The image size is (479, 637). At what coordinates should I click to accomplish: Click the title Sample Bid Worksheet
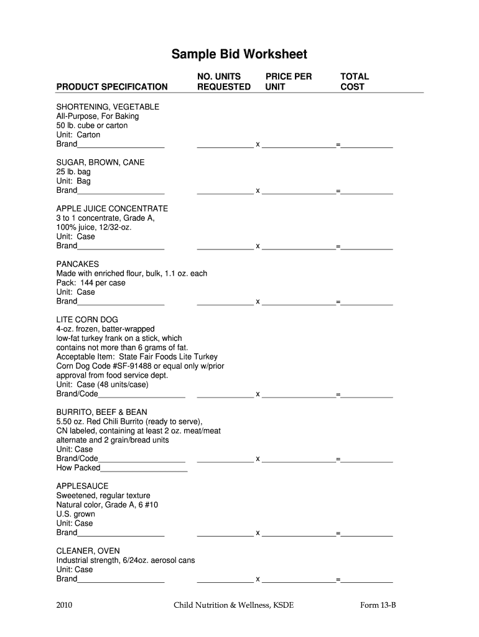tap(239, 55)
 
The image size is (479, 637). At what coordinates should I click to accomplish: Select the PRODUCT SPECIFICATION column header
tap(112, 87)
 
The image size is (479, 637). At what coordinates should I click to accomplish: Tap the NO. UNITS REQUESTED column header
tap(223, 81)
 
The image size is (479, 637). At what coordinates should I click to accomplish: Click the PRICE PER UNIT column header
tap(288, 81)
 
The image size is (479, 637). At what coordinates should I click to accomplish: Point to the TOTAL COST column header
tap(354, 81)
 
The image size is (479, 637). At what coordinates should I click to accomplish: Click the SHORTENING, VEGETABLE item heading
tap(108, 107)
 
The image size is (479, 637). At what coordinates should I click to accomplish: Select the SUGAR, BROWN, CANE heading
tap(100, 162)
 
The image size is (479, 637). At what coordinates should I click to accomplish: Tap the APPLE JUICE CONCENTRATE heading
tap(112, 208)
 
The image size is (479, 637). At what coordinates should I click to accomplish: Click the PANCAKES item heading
tap(78, 264)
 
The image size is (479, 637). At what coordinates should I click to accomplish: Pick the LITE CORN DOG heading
tap(87, 320)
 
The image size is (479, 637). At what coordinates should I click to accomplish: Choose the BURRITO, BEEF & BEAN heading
tap(102, 412)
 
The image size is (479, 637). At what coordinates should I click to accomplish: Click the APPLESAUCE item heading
tap(82, 486)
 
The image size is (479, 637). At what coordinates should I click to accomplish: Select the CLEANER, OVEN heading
tap(88, 551)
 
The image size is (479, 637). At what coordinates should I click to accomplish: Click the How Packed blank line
tap(144, 469)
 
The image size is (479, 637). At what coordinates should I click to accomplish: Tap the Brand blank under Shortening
tap(121, 146)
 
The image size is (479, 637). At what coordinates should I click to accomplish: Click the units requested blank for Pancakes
tap(225, 303)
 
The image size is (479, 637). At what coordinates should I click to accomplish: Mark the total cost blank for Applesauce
tap(367, 534)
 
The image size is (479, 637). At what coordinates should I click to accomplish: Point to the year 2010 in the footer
tap(65, 604)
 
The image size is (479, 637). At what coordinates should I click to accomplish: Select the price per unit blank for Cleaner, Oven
tap(299, 580)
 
